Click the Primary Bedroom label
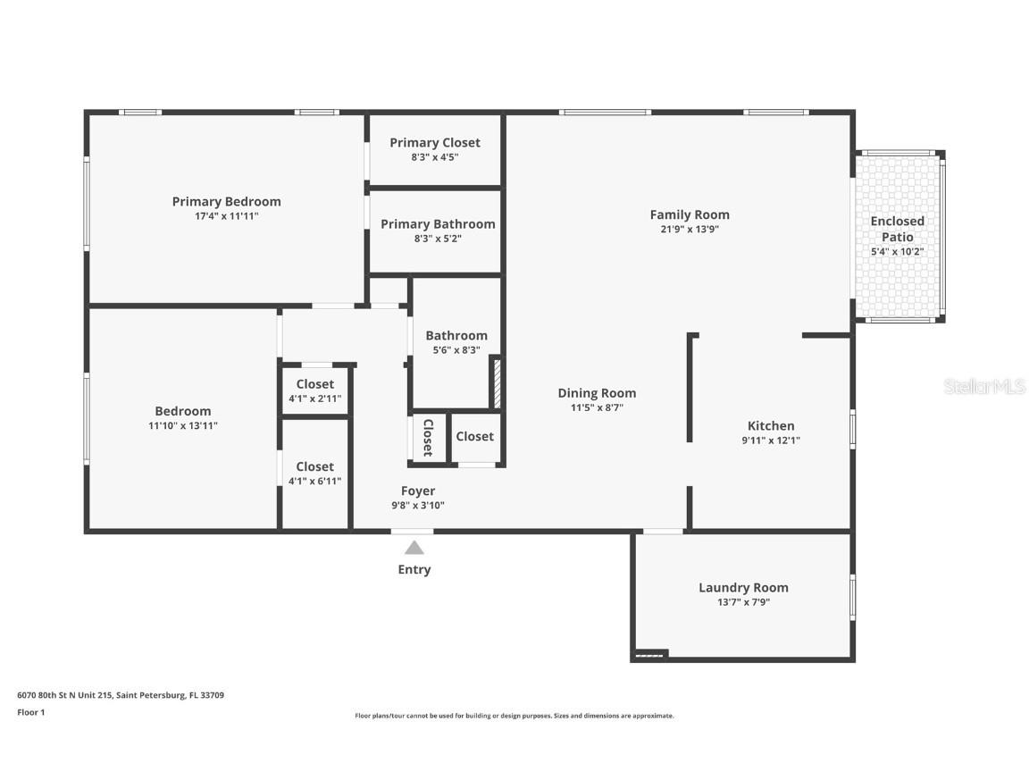pyautogui.click(x=226, y=202)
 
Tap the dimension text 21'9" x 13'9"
pyautogui.click(x=689, y=230)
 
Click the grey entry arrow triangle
pyautogui.click(x=414, y=547)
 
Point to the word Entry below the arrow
pyautogui.click(x=414, y=570)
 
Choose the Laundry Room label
pyautogui.click(x=743, y=588)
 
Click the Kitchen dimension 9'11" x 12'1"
pyautogui.click(x=770, y=441)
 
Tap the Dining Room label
pyautogui.click(x=597, y=393)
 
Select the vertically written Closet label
pyautogui.click(x=428, y=437)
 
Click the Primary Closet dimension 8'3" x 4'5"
pyautogui.click(x=434, y=157)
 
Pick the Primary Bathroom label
pyautogui.click(x=438, y=224)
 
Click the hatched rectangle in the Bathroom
pyautogui.click(x=498, y=382)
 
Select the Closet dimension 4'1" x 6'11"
pyautogui.click(x=314, y=482)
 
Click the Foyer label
pyautogui.click(x=418, y=491)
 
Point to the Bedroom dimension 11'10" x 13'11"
pyautogui.click(x=182, y=426)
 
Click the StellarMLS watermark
pyautogui.click(x=984, y=386)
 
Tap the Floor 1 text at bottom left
pyautogui.click(x=30, y=712)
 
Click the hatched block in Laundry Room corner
pyautogui.click(x=649, y=656)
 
